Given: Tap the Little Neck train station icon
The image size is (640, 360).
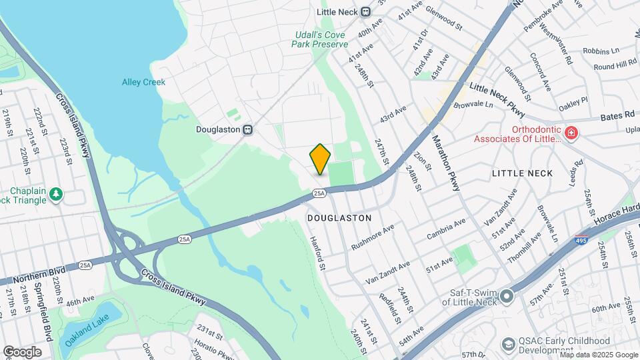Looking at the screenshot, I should (x=365, y=12).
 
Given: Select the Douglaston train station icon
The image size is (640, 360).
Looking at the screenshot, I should (x=247, y=129).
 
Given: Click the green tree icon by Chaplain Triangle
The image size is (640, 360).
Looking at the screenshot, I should (x=57, y=194).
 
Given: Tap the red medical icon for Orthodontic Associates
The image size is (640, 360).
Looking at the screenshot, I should (x=571, y=134).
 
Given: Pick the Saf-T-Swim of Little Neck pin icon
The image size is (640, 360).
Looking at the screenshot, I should (x=507, y=295).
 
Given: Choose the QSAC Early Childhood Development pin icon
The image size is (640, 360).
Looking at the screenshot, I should (x=509, y=344).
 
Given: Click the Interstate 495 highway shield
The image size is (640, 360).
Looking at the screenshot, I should (x=581, y=239).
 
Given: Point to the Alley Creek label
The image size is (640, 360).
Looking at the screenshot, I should (x=143, y=82).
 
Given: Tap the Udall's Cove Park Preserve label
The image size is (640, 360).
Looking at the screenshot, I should (x=320, y=39).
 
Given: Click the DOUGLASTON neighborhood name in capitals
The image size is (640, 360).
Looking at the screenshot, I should (x=339, y=218).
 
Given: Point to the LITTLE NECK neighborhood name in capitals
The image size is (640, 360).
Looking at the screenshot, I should (x=522, y=173).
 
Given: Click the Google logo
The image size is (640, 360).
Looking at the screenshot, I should (x=22, y=351).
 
